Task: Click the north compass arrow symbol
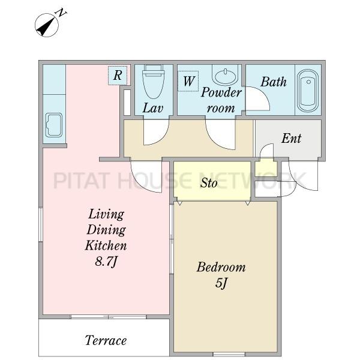(x=47, y=25)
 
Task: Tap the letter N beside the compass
(x=61, y=13)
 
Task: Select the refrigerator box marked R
(x=118, y=76)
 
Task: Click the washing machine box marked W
(x=188, y=81)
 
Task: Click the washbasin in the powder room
(x=225, y=75)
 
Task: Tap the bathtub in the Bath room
(x=308, y=90)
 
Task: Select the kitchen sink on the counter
(x=54, y=125)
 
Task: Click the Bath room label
(x=274, y=82)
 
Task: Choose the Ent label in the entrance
(x=291, y=139)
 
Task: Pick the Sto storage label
(x=208, y=183)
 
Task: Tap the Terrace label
(x=106, y=340)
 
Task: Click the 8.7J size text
(x=106, y=262)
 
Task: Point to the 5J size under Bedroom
(x=221, y=283)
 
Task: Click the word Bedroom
(x=221, y=267)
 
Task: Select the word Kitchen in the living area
(x=106, y=245)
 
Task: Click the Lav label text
(x=153, y=108)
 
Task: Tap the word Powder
(x=221, y=92)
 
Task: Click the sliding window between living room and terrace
(x=109, y=317)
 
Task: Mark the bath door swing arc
(x=264, y=94)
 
